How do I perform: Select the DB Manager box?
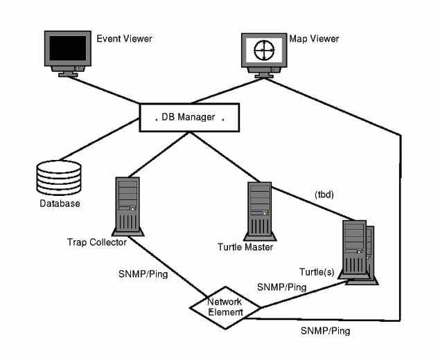(185, 118)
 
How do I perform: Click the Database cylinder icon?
(58, 179)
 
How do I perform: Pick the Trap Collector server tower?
(125, 204)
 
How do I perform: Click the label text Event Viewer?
(124, 39)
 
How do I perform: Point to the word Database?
(59, 204)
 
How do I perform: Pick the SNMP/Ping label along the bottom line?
(325, 331)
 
